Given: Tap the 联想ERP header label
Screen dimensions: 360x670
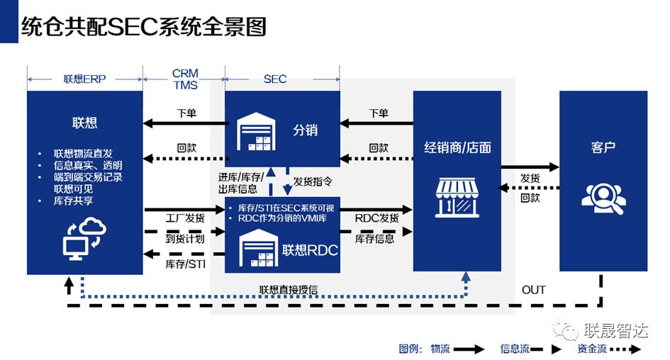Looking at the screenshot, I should pyautogui.click(x=84, y=79).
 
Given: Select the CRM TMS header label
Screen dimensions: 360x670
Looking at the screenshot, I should pyautogui.click(x=184, y=79).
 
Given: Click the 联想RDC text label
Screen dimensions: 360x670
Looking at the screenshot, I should pyautogui.click(x=310, y=250).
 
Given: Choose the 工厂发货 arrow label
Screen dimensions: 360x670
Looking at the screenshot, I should pyautogui.click(x=184, y=217).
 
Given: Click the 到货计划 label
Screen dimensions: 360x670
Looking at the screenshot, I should pyautogui.click(x=184, y=239).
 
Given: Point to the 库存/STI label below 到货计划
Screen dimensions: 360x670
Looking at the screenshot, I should pyautogui.click(x=184, y=264).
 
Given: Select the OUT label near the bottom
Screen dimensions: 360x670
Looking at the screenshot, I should pyautogui.click(x=534, y=290).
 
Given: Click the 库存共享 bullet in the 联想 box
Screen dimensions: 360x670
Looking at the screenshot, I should pyautogui.click(x=74, y=201).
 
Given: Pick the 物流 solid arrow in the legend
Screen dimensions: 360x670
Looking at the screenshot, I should pyautogui.click(x=469, y=349).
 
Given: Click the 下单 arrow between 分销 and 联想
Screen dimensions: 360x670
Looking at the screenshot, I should pyautogui.click(x=186, y=124).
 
